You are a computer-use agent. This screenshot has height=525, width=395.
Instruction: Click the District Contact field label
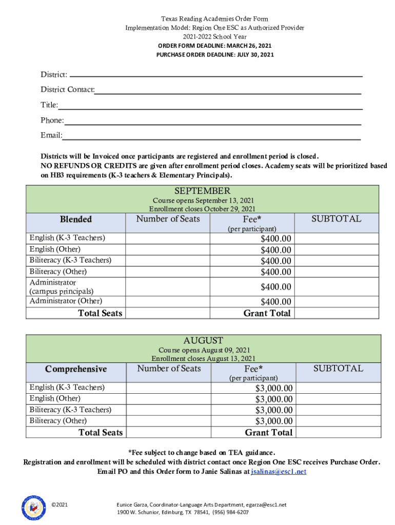click(68, 90)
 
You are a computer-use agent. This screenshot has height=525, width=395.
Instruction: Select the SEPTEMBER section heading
click(203, 191)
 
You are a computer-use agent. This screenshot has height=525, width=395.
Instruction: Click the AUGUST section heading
click(203, 340)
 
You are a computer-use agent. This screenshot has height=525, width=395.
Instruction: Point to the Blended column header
click(76, 219)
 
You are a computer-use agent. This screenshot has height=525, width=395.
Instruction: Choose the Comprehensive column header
click(76, 369)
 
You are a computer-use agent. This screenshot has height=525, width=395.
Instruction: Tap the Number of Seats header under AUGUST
click(169, 369)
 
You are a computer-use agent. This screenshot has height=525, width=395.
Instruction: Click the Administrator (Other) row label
click(66, 301)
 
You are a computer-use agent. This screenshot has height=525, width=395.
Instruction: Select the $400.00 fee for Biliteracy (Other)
click(276, 272)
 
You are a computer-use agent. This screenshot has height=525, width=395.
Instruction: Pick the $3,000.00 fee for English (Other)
click(274, 399)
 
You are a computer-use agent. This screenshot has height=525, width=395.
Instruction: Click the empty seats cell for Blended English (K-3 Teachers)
click(169, 238)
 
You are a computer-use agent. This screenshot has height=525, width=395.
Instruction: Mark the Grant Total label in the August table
click(268, 433)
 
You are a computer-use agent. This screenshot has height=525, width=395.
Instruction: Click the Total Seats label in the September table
click(100, 313)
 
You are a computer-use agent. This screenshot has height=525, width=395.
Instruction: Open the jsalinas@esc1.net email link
click(279, 472)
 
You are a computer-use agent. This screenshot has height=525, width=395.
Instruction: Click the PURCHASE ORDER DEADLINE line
click(215, 54)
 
